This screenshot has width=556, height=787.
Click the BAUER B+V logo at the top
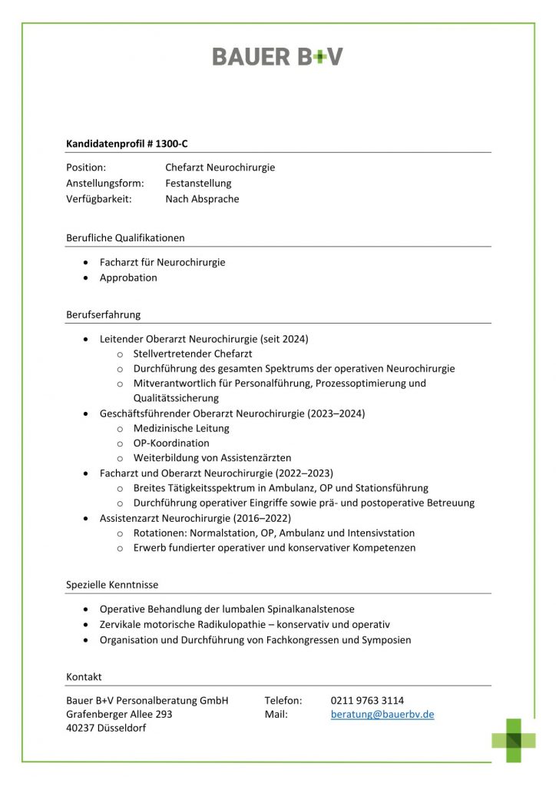(x=277, y=56)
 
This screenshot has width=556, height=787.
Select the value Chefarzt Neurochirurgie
(x=220, y=168)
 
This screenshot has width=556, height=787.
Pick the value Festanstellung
(x=198, y=183)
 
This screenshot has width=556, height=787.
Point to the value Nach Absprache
(x=202, y=199)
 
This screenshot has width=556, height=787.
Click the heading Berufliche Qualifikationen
(x=125, y=237)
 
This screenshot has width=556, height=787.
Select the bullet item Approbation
(x=128, y=277)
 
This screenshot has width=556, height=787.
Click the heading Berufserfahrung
(x=103, y=314)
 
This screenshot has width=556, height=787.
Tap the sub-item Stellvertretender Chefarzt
(x=192, y=354)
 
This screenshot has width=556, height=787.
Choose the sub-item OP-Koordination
(x=171, y=443)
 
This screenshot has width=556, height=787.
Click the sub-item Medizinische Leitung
(x=181, y=428)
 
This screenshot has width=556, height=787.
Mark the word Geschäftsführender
(x=147, y=413)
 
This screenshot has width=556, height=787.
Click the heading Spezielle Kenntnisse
(x=112, y=585)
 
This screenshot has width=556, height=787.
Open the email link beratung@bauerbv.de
(x=382, y=715)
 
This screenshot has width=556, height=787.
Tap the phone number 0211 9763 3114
(x=367, y=700)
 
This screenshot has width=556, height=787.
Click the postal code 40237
(x=81, y=729)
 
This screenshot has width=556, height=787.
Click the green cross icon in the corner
(x=514, y=740)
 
